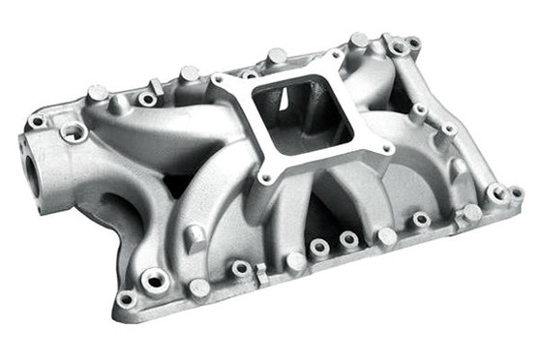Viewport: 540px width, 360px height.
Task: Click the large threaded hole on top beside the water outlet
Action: point(72,133)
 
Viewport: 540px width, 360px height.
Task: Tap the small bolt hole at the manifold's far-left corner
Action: point(37,123)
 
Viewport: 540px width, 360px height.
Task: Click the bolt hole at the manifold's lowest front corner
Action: point(126,299)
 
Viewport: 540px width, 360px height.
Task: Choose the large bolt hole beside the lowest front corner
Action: point(155,281)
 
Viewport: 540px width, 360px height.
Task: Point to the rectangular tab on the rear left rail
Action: point(156,87)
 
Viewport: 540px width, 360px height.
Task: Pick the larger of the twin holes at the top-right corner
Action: point(399,45)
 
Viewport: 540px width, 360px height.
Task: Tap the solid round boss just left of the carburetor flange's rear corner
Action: point(190,74)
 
